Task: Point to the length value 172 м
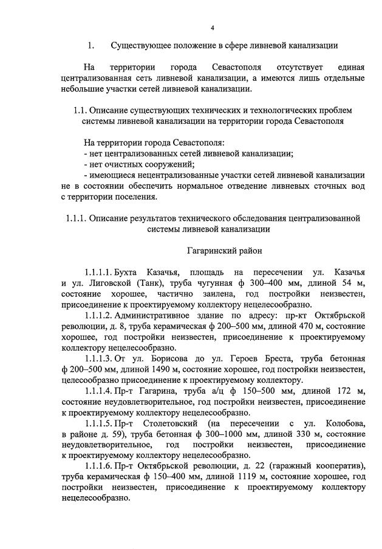tap(350, 394)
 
